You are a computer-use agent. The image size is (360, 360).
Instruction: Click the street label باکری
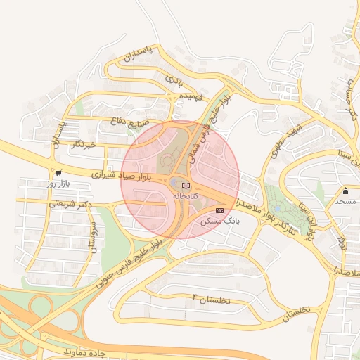174,79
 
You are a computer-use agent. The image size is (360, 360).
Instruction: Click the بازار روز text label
60,183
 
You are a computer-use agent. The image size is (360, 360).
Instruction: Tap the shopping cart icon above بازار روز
58,172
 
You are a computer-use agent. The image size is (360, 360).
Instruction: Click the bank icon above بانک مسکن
220,210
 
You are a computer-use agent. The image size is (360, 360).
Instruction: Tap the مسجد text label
345,202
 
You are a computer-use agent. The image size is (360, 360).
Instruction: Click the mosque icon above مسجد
345,191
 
